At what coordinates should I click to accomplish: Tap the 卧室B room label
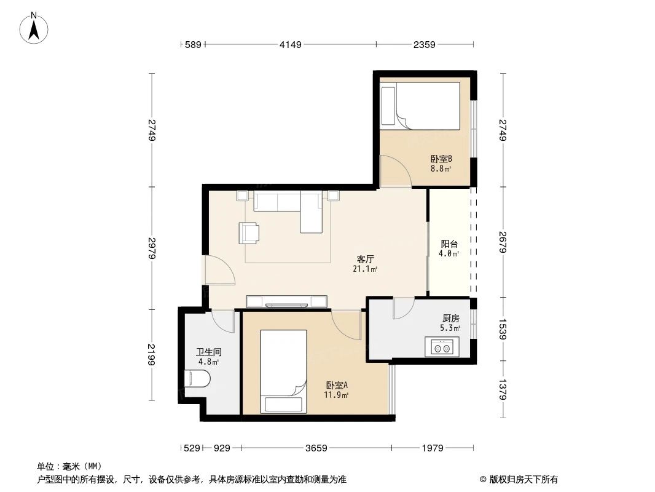(441, 159)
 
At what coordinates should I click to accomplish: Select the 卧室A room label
(337, 386)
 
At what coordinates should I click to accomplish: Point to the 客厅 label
(366, 259)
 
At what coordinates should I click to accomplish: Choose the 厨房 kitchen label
(450, 319)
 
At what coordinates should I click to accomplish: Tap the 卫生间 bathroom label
(209, 352)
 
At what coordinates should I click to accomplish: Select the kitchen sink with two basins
(442, 348)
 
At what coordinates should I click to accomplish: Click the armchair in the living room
(249, 232)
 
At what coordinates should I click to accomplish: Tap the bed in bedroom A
(283, 371)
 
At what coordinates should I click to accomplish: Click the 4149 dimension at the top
(291, 44)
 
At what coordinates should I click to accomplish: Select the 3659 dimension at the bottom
(316, 448)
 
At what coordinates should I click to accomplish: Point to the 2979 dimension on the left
(151, 247)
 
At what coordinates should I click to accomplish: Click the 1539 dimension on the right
(503, 329)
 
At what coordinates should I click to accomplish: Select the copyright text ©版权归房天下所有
(519, 479)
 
